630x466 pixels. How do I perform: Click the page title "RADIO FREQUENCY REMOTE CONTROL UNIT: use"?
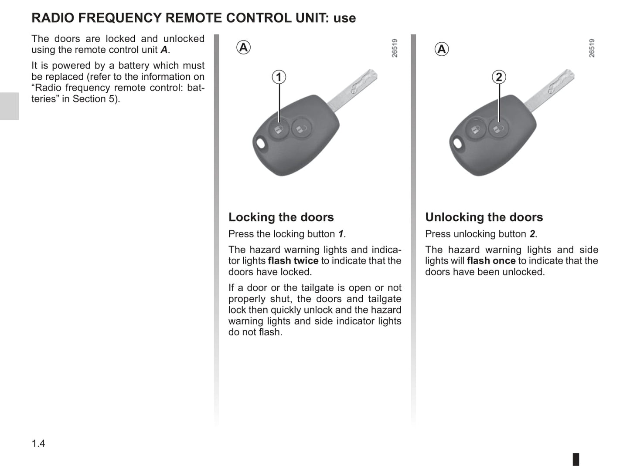tap(194, 18)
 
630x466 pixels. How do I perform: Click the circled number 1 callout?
tap(279, 77)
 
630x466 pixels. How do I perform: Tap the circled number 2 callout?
tap(499, 77)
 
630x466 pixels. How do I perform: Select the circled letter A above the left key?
tap(243, 47)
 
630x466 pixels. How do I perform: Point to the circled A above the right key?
tap(441, 49)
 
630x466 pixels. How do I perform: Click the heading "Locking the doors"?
tap(281, 217)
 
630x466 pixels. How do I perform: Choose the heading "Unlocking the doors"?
tap(484, 217)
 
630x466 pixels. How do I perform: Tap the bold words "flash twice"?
tap(293, 261)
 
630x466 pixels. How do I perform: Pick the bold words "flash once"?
tap(491, 261)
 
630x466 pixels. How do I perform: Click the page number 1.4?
tap(38, 443)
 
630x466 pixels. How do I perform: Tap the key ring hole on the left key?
tap(261, 143)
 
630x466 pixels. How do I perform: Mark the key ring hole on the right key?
tap(458, 143)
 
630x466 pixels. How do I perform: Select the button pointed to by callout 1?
tap(278, 129)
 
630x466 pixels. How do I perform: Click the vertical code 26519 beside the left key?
tap(394, 48)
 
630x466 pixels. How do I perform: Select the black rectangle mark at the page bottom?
tap(576, 459)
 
